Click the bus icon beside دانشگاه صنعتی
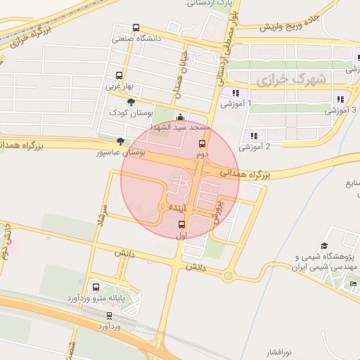pyautogui.click(x=136, y=28)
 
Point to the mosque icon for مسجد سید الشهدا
pyautogui.click(x=182, y=117)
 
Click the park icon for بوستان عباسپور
pyautogui.click(x=120, y=141)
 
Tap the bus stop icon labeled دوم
pyautogui.click(x=202, y=143)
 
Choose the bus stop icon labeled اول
pyautogui.click(x=181, y=225)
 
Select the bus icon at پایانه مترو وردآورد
pyautogui.click(x=96, y=287)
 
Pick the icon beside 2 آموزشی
pyautogui.click(x=252, y=136)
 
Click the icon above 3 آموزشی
pyautogui.click(x=341, y=99)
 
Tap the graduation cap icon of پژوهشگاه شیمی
pyautogui.click(x=324, y=246)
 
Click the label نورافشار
pyautogui.click(x=279, y=350)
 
